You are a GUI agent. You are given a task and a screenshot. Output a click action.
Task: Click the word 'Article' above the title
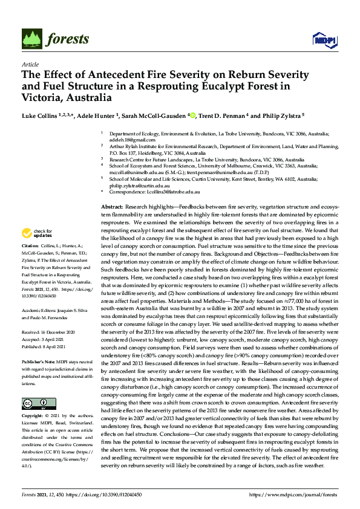(30, 64)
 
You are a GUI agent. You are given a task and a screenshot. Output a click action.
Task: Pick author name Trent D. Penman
(222, 115)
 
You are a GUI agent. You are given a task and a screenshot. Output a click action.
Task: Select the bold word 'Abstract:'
(113, 207)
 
